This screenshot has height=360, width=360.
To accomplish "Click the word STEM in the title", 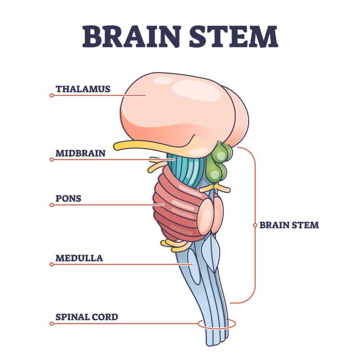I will [233, 37].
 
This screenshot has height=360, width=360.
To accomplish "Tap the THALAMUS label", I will [83, 89].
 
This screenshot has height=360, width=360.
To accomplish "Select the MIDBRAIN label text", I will [81, 153].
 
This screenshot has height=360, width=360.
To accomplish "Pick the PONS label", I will [69, 199].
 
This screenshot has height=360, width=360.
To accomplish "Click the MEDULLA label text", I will [79, 258].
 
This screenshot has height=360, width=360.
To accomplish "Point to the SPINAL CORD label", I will [87, 317].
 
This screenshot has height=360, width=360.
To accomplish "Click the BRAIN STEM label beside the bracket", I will [289, 225].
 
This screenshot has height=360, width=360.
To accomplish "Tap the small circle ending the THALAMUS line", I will [52, 95].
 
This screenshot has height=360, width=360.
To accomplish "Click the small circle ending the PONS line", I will [52, 205].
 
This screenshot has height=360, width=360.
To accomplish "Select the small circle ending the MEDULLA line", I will [52, 264].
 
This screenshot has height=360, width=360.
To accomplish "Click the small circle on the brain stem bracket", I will [255, 225].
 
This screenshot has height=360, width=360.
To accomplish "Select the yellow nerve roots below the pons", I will [174, 245].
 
